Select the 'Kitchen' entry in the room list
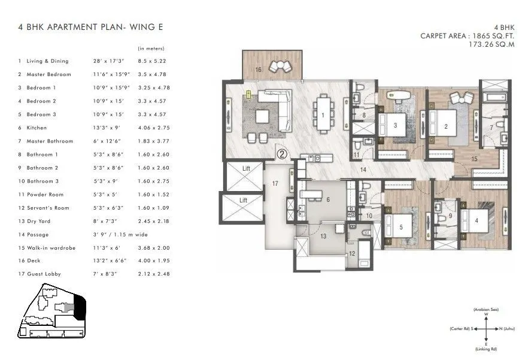click(x=37, y=128)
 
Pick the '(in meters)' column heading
click(x=151, y=48)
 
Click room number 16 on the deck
click(x=258, y=70)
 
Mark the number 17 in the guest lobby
click(x=275, y=183)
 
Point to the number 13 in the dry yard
click(x=323, y=236)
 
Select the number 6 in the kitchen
click(x=328, y=200)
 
